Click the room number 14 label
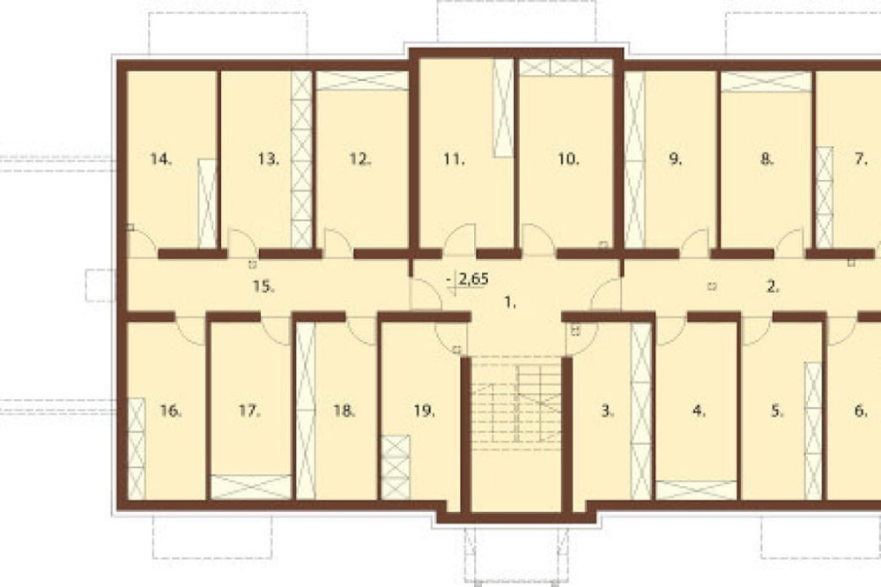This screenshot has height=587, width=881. [x=160, y=160]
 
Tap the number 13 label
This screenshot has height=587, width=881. [x=269, y=160]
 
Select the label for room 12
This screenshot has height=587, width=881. [x=359, y=160]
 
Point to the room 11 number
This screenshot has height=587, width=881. [x=454, y=160]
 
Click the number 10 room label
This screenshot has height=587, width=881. [x=568, y=160]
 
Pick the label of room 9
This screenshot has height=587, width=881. [x=676, y=160]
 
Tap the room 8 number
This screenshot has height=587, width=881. [x=767, y=160]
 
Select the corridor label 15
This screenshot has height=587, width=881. [x=263, y=286]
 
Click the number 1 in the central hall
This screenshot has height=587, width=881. [x=510, y=303]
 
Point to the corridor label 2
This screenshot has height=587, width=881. [x=774, y=286]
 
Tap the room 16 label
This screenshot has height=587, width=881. [x=171, y=412]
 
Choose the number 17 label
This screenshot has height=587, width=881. [x=249, y=412]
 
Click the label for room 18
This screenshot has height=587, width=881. [x=344, y=412]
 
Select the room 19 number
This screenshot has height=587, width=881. [x=425, y=412]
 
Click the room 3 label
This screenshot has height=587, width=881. [x=607, y=412]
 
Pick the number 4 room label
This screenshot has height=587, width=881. [x=699, y=412]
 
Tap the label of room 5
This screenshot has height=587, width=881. [x=777, y=412]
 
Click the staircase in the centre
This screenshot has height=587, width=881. [x=515, y=403]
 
